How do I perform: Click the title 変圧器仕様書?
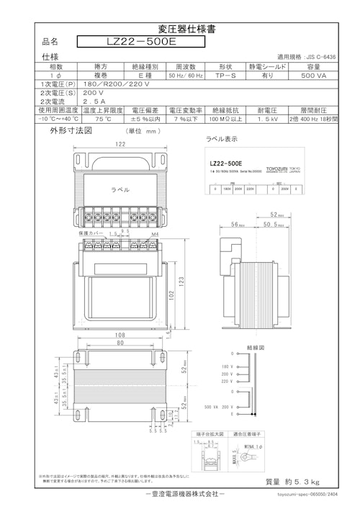click(180, 29)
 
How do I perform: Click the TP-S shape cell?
click(227, 75)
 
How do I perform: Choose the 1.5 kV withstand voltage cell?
click(267, 120)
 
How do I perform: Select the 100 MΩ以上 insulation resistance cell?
click(226, 120)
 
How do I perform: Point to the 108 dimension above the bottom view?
click(121, 335)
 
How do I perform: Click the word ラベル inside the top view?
click(119, 189)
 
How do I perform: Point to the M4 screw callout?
click(156, 234)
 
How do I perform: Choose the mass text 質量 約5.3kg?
click(292, 482)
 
